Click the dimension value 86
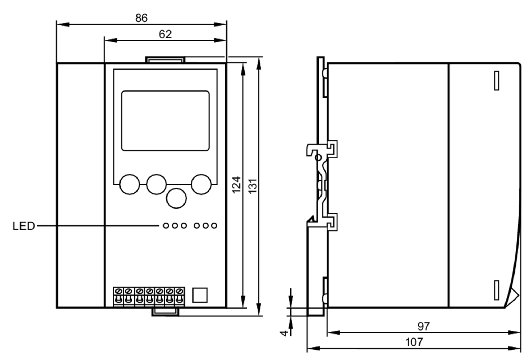pos(141,18)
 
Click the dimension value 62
pos(165,34)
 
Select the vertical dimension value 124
pos(236,185)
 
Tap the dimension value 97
pos(423,326)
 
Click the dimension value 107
pos(414,342)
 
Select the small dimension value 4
pos(284,333)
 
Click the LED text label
pos(24,226)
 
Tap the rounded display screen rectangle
pos(165,121)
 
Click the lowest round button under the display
pos(176,198)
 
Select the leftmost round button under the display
pos(130,184)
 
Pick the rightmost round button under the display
pos(201,184)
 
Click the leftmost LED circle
pos(166,225)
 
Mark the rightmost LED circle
pos(214,225)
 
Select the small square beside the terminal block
pos(200,295)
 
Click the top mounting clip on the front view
pos(165,60)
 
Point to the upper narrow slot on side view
pos(496,80)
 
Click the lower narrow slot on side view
pos(496,290)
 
